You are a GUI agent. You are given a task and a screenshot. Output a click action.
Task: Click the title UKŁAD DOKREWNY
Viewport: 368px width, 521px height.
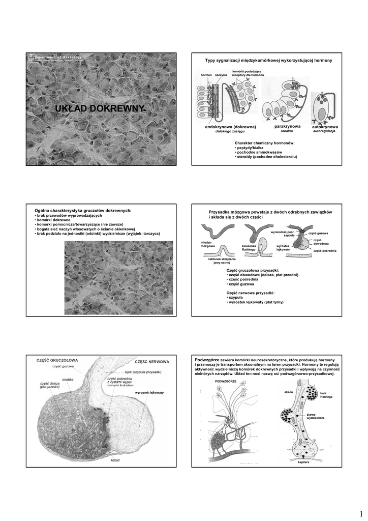101,108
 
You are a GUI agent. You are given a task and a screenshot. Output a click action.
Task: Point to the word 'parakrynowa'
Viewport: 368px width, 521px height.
287,126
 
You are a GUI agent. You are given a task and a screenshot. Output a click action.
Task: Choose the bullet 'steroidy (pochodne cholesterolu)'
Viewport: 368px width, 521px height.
266,157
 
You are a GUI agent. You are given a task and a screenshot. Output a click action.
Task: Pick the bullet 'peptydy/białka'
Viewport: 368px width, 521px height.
253,148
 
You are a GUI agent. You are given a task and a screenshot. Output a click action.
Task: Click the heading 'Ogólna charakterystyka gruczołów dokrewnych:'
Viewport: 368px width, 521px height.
83,210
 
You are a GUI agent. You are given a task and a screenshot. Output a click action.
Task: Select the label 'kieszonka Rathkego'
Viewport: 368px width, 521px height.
249,247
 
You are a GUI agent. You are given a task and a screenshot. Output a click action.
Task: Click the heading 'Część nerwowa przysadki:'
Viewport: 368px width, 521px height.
251,293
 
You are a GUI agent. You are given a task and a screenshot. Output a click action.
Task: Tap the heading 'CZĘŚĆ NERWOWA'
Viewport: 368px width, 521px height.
151,361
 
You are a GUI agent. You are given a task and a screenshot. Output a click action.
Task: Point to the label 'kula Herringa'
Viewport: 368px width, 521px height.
326,394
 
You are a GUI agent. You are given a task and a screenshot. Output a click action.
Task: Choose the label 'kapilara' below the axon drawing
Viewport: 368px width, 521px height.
303,462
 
